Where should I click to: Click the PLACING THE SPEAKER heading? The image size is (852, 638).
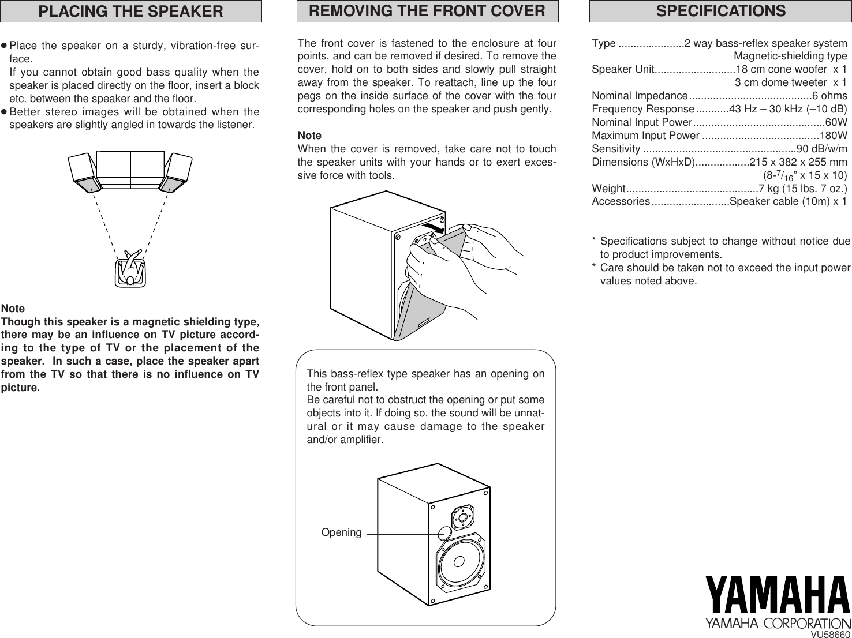(x=130, y=12)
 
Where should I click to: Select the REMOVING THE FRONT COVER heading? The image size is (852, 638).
(x=427, y=11)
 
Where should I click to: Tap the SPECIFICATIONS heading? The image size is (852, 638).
(x=720, y=11)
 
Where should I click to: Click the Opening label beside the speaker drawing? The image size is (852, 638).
(x=341, y=532)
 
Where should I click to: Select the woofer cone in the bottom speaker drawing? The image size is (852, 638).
(x=460, y=561)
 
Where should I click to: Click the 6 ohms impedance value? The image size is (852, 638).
(x=829, y=96)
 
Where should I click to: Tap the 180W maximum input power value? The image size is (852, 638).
(x=833, y=136)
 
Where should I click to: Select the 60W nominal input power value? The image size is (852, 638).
(x=836, y=122)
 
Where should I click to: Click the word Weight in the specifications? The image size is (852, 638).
(x=608, y=189)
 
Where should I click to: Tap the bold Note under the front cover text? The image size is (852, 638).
(x=309, y=136)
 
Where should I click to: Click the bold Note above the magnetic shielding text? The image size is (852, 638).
(x=13, y=309)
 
